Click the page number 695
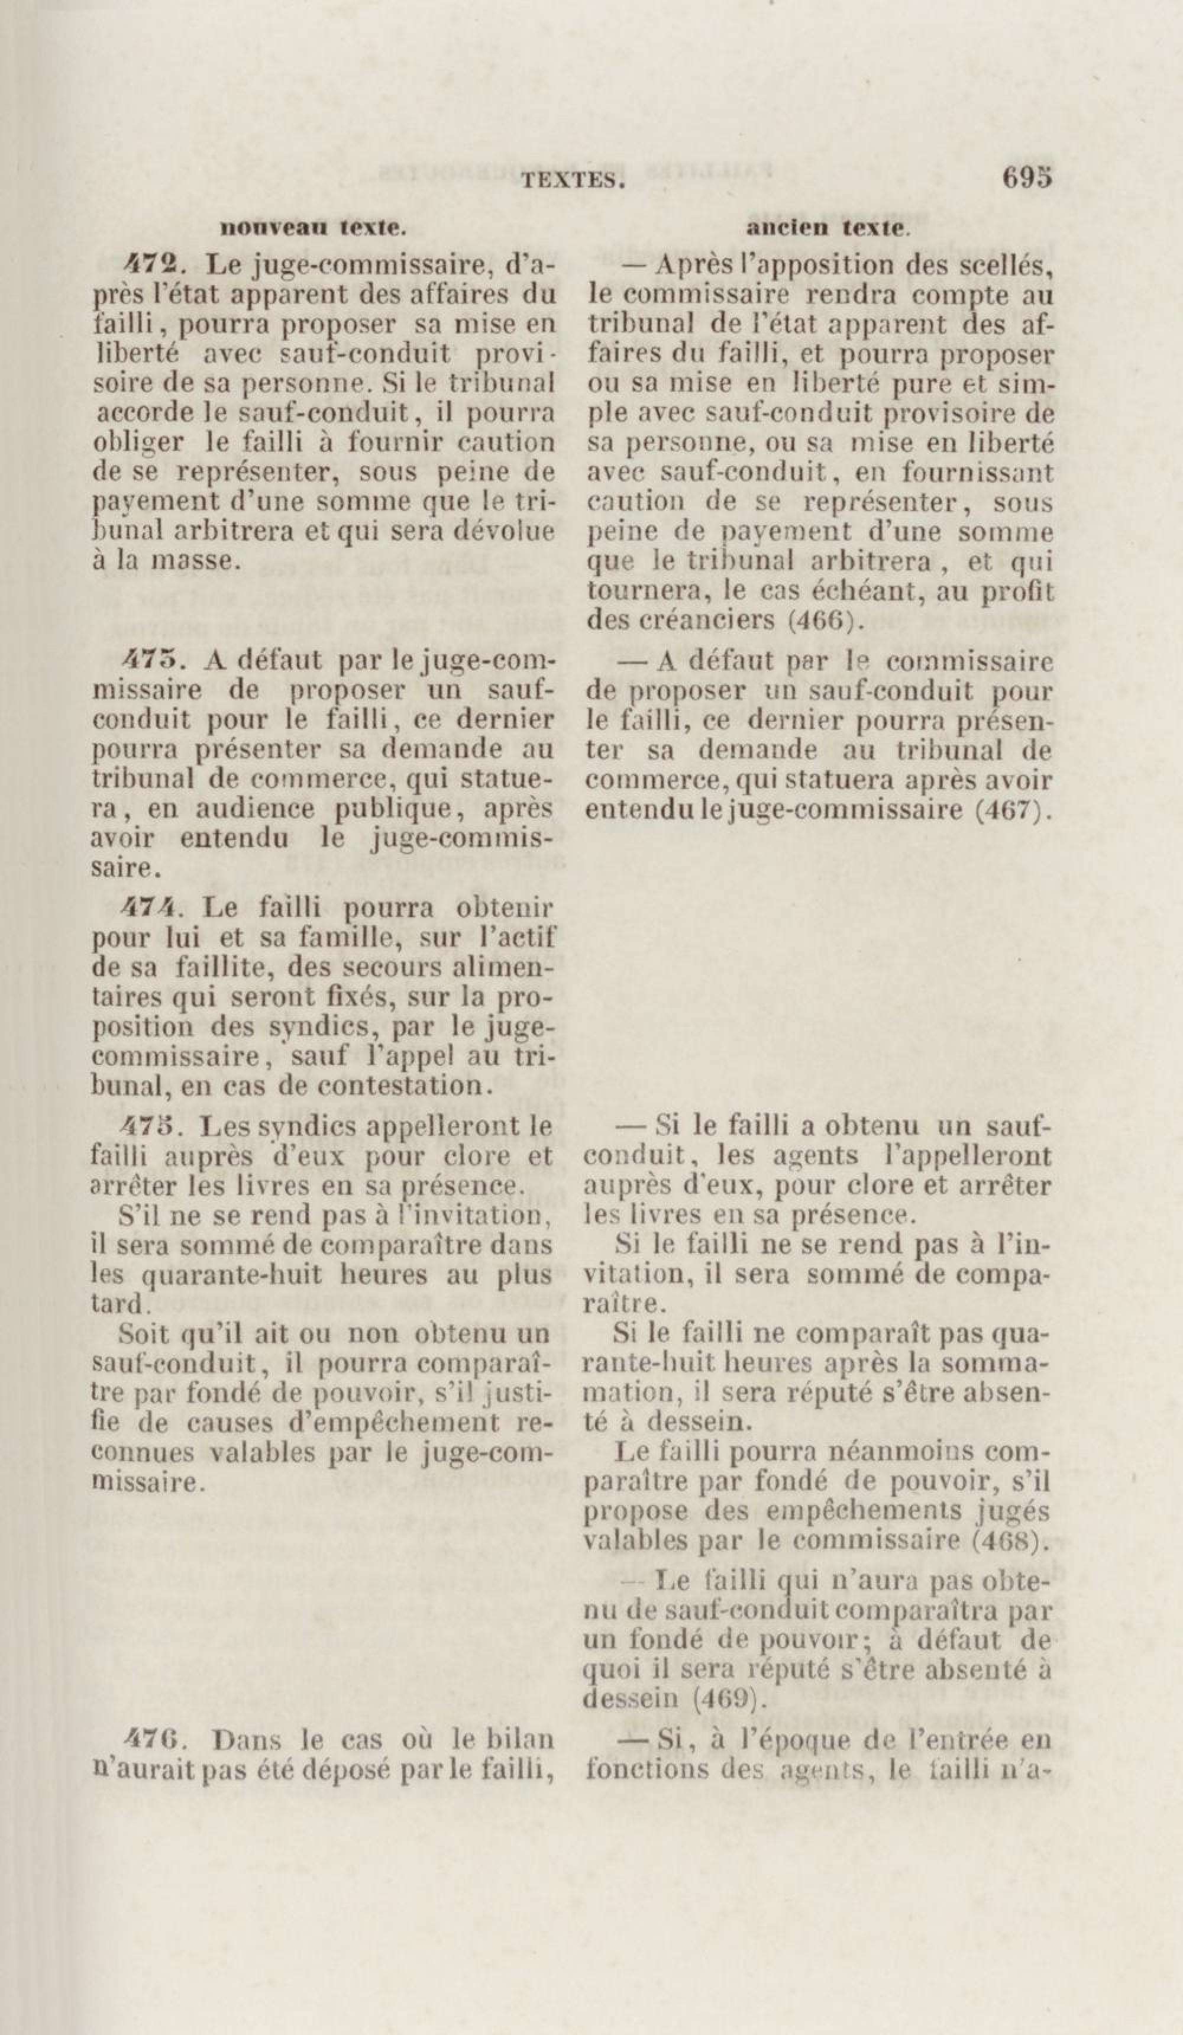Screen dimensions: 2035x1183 [1027, 177]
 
